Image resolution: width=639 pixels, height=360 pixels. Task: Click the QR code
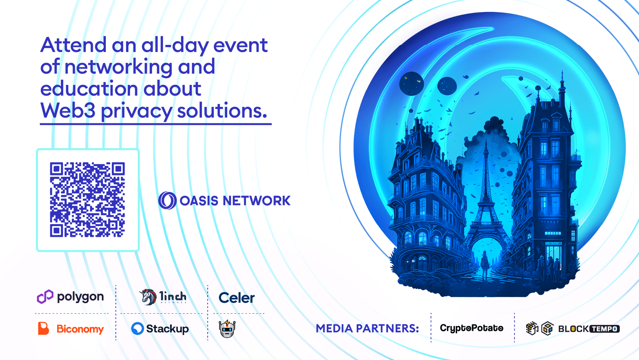tap(87, 199)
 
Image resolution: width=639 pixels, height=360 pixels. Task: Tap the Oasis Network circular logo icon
tap(167, 200)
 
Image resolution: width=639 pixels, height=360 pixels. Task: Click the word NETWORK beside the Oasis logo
tap(256, 201)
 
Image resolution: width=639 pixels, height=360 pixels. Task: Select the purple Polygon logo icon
tap(45, 296)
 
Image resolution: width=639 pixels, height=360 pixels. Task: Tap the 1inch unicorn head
tap(148, 297)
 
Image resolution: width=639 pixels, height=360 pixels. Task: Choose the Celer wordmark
tap(236, 298)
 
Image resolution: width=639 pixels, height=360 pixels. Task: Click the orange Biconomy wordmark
tap(80, 329)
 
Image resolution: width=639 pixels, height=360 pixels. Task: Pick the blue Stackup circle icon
tap(137, 328)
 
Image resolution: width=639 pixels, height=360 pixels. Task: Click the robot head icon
tap(227, 329)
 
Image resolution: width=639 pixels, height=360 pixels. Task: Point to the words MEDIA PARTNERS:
tap(367, 328)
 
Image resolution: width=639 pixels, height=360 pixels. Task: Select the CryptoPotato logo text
tap(472, 328)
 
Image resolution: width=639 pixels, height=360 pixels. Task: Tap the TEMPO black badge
tap(605, 329)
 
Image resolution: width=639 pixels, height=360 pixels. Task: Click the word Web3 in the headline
tap(68, 111)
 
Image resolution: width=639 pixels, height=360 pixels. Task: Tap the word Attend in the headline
tap(73, 45)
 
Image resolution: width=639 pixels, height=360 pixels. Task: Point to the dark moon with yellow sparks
tap(411, 84)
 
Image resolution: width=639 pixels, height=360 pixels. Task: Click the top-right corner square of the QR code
tap(118, 169)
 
